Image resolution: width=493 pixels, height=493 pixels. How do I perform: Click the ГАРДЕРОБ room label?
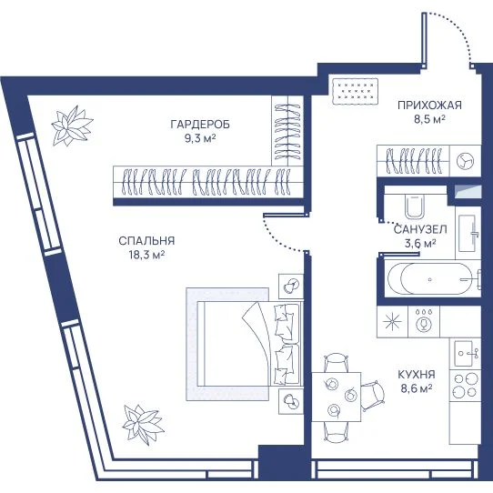pyautogui.click(x=200, y=125)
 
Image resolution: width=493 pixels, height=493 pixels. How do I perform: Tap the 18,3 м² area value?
pyautogui.click(x=146, y=255)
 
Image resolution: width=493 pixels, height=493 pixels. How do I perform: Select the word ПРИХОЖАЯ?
pyautogui.click(x=429, y=106)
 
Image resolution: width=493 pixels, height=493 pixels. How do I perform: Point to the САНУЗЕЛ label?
pyautogui.click(x=420, y=229)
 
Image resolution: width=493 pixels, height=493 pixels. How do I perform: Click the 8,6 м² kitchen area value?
pyautogui.click(x=417, y=388)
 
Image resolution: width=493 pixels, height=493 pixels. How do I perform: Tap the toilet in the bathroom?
pyautogui.click(x=415, y=206)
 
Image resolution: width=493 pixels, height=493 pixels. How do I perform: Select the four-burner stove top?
pyautogui.click(x=465, y=385)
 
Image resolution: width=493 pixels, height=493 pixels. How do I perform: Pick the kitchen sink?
pyautogui.click(x=464, y=354)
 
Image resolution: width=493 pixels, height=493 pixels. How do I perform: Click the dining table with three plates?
pyautogui.click(x=337, y=397)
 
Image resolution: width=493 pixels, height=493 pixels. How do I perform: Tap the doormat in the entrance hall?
pyautogui.click(x=355, y=91)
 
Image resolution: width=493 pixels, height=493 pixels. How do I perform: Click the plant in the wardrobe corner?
pyautogui.click(x=72, y=126)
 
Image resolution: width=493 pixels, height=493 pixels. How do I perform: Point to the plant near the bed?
pyautogui.click(x=143, y=424)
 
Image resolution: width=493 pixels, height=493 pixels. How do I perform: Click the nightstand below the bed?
pyautogui.click(x=291, y=401)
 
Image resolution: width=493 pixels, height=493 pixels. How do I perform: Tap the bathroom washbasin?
pyautogui.click(x=468, y=233)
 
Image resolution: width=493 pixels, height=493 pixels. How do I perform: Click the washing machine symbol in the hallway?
pyautogui.click(x=465, y=160)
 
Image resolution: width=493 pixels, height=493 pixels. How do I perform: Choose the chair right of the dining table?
pyautogui.click(x=373, y=396)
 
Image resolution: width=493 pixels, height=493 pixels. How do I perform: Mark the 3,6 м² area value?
pyautogui.click(x=419, y=244)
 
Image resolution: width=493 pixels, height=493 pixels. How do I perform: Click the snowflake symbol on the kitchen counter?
pyautogui.click(x=392, y=322)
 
